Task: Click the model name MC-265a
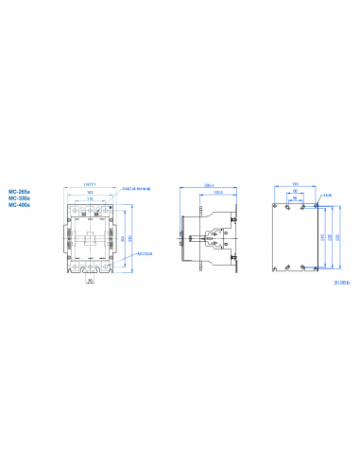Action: (x=20, y=189)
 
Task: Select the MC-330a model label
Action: (x=20, y=197)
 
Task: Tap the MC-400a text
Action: (x=20, y=204)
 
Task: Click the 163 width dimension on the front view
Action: (x=91, y=192)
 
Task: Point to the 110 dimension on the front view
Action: (x=91, y=198)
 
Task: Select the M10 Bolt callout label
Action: (x=145, y=253)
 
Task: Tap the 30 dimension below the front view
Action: (x=91, y=281)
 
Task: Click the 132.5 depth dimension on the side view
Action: (x=218, y=192)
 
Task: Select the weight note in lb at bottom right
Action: (x=341, y=282)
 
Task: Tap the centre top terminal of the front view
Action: (x=91, y=208)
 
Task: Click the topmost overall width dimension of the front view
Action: (x=91, y=184)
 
